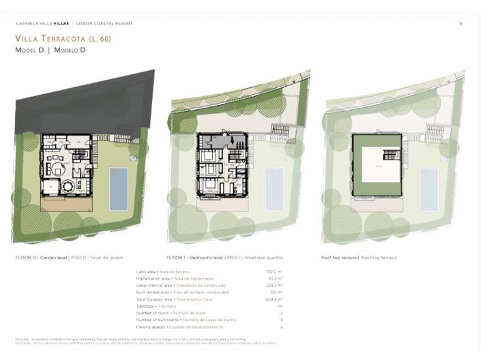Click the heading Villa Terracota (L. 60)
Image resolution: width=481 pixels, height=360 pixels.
coord(63,39)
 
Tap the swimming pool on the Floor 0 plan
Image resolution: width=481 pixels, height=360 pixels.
coord(119,187)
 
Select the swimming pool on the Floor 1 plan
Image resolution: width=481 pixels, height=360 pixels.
coord(274,188)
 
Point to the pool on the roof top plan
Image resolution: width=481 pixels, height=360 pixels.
coord(429,188)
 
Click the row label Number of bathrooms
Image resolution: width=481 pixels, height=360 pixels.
coord(157,319)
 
